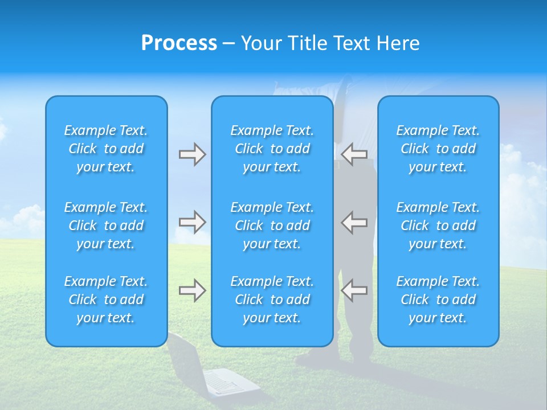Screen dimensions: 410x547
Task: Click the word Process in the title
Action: point(179,43)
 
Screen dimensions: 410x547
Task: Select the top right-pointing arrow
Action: point(192,154)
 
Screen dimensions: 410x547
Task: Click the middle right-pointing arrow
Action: point(192,222)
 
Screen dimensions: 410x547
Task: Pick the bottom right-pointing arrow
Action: point(192,290)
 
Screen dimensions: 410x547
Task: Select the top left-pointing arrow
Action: point(354,154)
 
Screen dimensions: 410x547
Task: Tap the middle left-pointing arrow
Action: point(354,222)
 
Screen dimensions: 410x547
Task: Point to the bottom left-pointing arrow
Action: point(354,290)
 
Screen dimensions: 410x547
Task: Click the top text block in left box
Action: point(106,149)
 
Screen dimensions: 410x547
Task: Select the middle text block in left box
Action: point(106,225)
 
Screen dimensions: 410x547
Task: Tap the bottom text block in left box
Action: point(106,300)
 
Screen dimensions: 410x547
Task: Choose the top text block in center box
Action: point(272,149)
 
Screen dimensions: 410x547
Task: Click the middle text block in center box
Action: point(272,225)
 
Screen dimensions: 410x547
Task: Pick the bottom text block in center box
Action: point(272,300)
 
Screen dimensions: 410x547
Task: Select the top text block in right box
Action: point(438,149)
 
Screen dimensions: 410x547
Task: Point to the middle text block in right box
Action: point(438,225)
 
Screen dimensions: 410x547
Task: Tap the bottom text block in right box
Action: point(438,300)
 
